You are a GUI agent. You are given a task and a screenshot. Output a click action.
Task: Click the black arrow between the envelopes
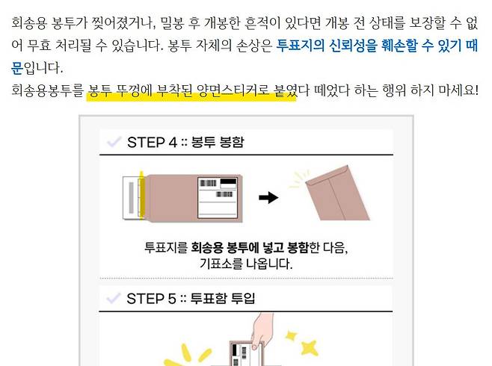pyautogui.click(x=268, y=198)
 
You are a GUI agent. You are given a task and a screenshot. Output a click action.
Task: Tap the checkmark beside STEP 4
pyautogui.click(x=114, y=142)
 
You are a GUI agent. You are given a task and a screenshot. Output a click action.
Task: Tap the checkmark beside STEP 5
pyautogui.click(x=113, y=298)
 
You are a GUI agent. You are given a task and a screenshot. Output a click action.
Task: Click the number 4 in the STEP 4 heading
pyautogui.click(x=173, y=142)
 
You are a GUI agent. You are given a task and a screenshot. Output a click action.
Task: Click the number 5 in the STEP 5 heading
pyautogui.click(x=172, y=299)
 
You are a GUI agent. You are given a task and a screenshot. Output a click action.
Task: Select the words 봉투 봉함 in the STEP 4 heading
pyautogui.click(x=218, y=142)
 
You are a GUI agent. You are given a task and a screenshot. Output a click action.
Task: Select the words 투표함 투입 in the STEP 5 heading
pyautogui.click(x=223, y=298)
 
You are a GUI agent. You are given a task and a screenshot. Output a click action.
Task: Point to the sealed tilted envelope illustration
pyautogui.click(x=338, y=193)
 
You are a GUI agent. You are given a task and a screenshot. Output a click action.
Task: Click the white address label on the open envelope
pyautogui.click(x=217, y=198)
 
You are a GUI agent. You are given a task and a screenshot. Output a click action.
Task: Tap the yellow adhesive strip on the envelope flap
pyautogui.click(x=141, y=195)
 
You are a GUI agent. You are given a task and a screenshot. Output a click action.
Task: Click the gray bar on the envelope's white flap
pyautogui.click(x=131, y=198)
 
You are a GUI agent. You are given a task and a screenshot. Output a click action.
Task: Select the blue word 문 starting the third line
pyautogui.click(x=17, y=68)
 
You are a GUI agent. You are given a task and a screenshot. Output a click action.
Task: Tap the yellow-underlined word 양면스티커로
pyautogui.click(x=233, y=90)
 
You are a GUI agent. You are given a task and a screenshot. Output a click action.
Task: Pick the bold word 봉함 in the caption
pyautogui.click(x=298, y=247)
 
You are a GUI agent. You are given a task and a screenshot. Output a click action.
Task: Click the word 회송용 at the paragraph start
pyautogui.click(x=29, y=23)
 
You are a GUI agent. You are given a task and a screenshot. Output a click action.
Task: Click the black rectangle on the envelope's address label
pyautogui.click(x=228, y=182)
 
